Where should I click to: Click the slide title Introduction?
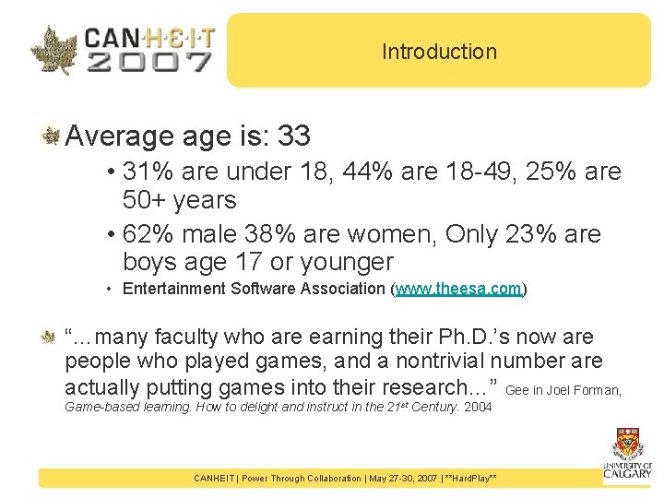tap(439, 52)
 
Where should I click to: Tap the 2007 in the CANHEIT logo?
tap(148, 62)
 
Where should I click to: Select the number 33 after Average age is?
tap(293, 136)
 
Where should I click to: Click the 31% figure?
tap(143, 172)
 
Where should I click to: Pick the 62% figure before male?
tap(143, 234)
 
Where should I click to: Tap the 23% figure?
tap(526, 234)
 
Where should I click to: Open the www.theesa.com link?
tap(459, 289)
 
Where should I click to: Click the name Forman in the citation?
tap(599, 390)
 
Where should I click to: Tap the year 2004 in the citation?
tap(477, 407)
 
